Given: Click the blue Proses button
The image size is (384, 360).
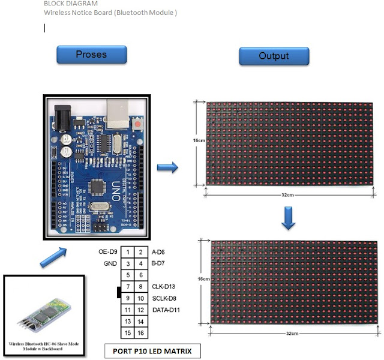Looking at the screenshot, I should [x=91, y=55].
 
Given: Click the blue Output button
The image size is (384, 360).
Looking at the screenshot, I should [x=274, y=56].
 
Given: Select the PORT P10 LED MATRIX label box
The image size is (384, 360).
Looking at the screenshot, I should [x=152, y=350].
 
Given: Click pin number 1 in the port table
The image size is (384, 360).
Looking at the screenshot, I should [x=129, y=253].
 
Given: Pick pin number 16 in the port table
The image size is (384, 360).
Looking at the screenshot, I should [x=140, y=332].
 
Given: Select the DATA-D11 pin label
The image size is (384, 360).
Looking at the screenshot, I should [x=167, y=310].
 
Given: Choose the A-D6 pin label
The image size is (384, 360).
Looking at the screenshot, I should [x=159, y=253].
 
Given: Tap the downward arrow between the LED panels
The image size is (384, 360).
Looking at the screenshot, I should [x=289, y=218].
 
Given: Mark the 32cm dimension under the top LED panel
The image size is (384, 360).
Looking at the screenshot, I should [x=288, y=195].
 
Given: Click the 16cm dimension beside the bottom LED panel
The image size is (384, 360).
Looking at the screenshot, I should [x=203, y=280].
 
